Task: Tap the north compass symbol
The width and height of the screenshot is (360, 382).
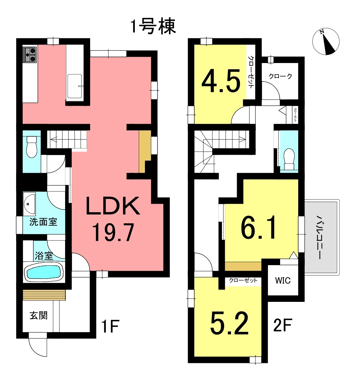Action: tap(326, 41)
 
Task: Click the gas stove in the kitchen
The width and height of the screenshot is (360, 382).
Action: tap(30, 55)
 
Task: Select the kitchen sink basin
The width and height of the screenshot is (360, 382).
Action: tap(75, 86)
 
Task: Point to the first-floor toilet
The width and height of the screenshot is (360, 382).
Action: tap(32, 147)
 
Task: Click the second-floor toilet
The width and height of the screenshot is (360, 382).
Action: tap(289, 159)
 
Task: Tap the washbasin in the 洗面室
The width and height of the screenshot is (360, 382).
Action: tap(29, 204)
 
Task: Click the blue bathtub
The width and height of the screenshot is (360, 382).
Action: tap(43, 272)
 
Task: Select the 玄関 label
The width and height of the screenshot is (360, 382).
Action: tap(38, 316)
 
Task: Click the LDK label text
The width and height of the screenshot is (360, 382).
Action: tap(113, 206)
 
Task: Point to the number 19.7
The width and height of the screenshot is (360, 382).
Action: tap(113, 233)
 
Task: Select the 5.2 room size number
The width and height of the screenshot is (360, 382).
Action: tap(229, 323)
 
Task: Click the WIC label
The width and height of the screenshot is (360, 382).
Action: tap(283, 281)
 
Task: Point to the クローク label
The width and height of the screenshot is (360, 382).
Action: tap(280, 76)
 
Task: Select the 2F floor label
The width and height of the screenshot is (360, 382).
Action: tap(282, 325)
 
